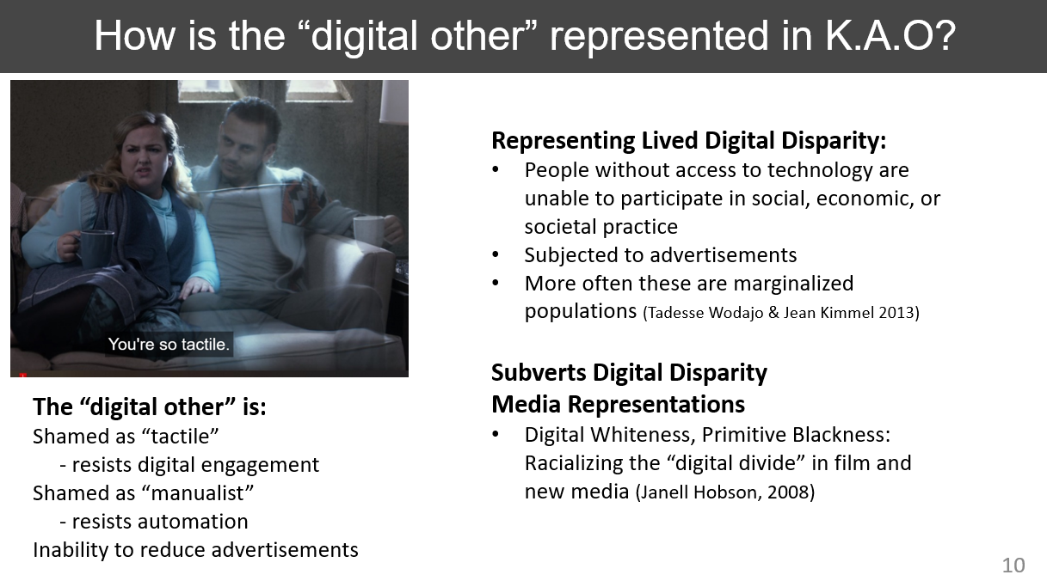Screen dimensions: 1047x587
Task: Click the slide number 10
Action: point(1013,565)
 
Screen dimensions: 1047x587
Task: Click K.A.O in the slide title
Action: point(883,35)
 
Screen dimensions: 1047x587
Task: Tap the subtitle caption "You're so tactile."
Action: point(169,344)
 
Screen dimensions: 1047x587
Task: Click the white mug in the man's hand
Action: point(369,231)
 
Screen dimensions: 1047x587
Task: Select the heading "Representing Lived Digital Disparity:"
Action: point(689,141)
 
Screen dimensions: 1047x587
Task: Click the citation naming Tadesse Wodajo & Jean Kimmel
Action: point(781,313)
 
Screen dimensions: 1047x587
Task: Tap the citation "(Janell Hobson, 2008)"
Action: point(725,492)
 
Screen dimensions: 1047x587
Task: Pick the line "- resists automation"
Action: point(154,522)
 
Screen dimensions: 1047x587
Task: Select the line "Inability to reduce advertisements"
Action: point(195,550)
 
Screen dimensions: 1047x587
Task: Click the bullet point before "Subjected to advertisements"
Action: point(496,255)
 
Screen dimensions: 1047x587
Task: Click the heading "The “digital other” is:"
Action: point(150,407)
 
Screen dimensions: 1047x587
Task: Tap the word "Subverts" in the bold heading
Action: point(539,373)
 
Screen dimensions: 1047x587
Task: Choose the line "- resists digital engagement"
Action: point(189,465)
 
